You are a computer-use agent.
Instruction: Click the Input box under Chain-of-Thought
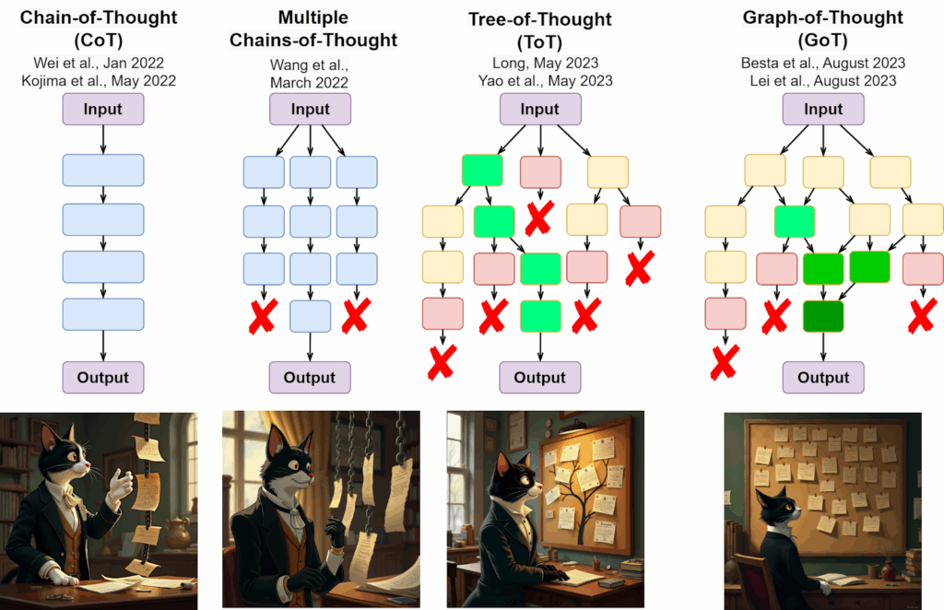point(103,109)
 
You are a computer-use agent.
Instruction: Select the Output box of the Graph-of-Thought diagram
point(823,377)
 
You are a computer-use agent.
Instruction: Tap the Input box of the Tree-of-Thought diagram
point(539,109)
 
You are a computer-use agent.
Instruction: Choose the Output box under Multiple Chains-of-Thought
point(310,377)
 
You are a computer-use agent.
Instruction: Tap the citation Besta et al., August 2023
point(823,64)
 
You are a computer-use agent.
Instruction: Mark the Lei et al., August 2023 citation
point(823,80)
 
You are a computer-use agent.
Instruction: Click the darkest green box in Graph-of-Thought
point(823,316)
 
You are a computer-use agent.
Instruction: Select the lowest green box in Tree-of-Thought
point(540,316)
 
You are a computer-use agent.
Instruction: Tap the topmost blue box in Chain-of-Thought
point(103,170)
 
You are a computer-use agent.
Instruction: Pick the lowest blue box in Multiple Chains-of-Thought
point(310,316)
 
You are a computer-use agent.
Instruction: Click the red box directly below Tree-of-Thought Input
point(540,172)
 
